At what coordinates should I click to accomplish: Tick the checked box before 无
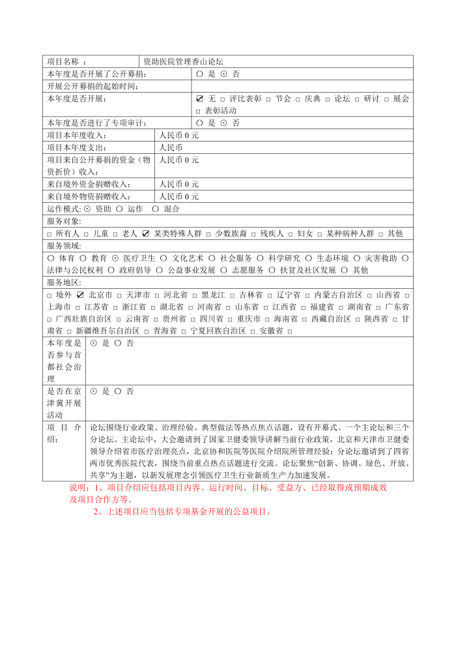coord(199,98)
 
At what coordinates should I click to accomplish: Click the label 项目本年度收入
coord(77,135)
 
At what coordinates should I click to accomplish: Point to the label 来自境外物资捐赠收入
coord(89,196)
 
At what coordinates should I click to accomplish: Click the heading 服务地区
coord(64,282)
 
